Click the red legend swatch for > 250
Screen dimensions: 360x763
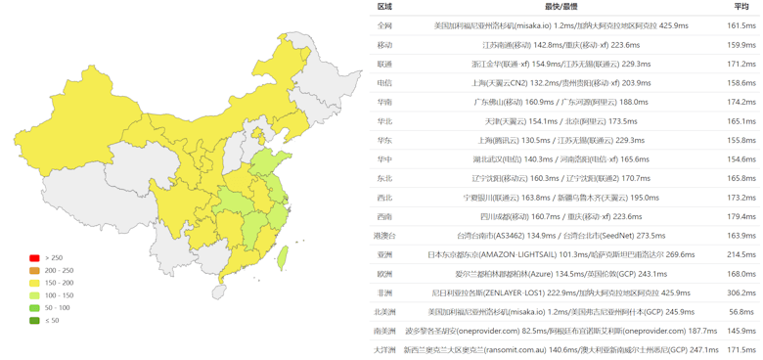[x=34, y=258]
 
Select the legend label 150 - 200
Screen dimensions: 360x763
[x=60, y=283]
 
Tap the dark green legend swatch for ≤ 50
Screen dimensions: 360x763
[x=34, y=320]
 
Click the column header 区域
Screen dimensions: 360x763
[x=384, y=7]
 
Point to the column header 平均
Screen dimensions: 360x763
[x=741, y=7]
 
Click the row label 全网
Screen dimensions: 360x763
[x=384, y=25]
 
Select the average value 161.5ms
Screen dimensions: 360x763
[x=741, y=25]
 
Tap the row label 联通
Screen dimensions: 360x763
[x=384, y=64]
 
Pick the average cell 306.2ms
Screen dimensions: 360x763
[x=741, y=292]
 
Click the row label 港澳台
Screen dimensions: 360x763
[x=384, y=236]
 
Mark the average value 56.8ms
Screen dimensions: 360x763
[x=741, y=312]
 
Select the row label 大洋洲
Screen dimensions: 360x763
[x=384, y=350]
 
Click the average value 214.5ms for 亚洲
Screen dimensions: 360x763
[x=741, y=254]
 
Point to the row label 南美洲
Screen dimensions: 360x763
[x=384, y=331]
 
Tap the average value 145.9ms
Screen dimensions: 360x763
[x=741, y=331]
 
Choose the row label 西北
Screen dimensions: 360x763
[x=384, y=198]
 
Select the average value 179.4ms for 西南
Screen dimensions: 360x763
[x=741, y=216]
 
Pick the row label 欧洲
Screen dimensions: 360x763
[x=384, y=274]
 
